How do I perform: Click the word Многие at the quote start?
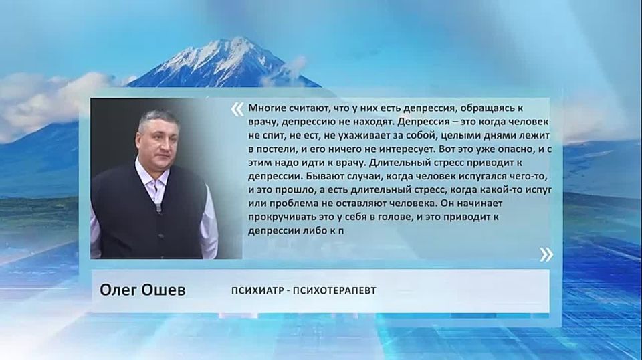[266, 109]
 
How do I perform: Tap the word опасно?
[513, 149]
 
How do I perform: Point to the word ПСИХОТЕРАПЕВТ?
[335, 290]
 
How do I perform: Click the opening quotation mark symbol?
[237, 109]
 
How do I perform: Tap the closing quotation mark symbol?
[546, 254]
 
